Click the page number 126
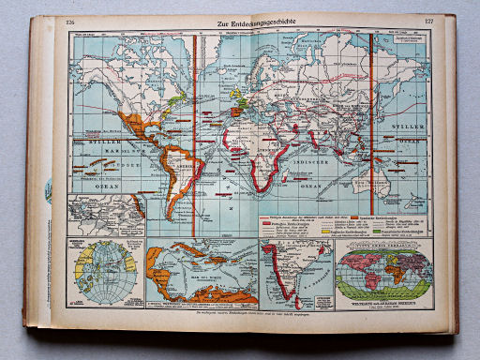71,25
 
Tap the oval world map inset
384,271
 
